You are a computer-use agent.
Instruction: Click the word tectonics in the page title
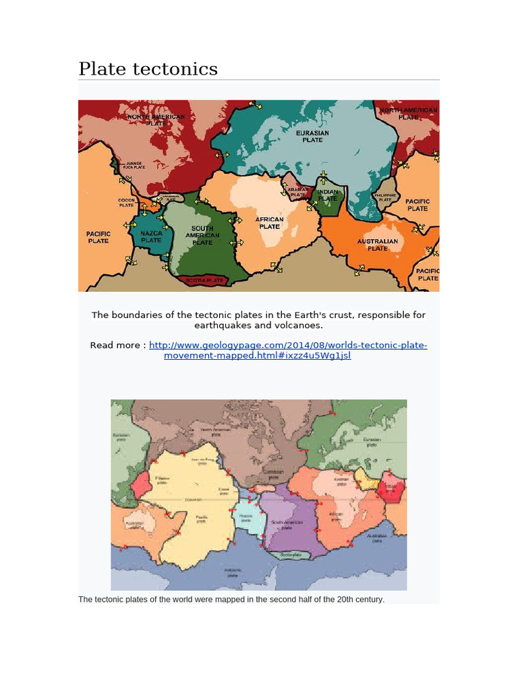pos(179,69)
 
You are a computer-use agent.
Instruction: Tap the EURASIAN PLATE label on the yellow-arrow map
pos(312,136)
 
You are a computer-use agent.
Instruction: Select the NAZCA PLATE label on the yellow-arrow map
pos(151,237)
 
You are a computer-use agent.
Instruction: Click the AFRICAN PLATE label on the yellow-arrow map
pos(269,223)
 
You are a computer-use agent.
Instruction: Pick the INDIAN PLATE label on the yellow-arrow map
pos(328,195)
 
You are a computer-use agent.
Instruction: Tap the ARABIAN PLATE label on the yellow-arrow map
pos(297,192)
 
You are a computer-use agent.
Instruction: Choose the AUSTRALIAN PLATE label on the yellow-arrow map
pos(377,244)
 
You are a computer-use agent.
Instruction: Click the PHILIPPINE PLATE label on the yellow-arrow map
pos(384,197)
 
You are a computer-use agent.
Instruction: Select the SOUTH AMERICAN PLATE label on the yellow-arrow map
pos(202,235)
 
